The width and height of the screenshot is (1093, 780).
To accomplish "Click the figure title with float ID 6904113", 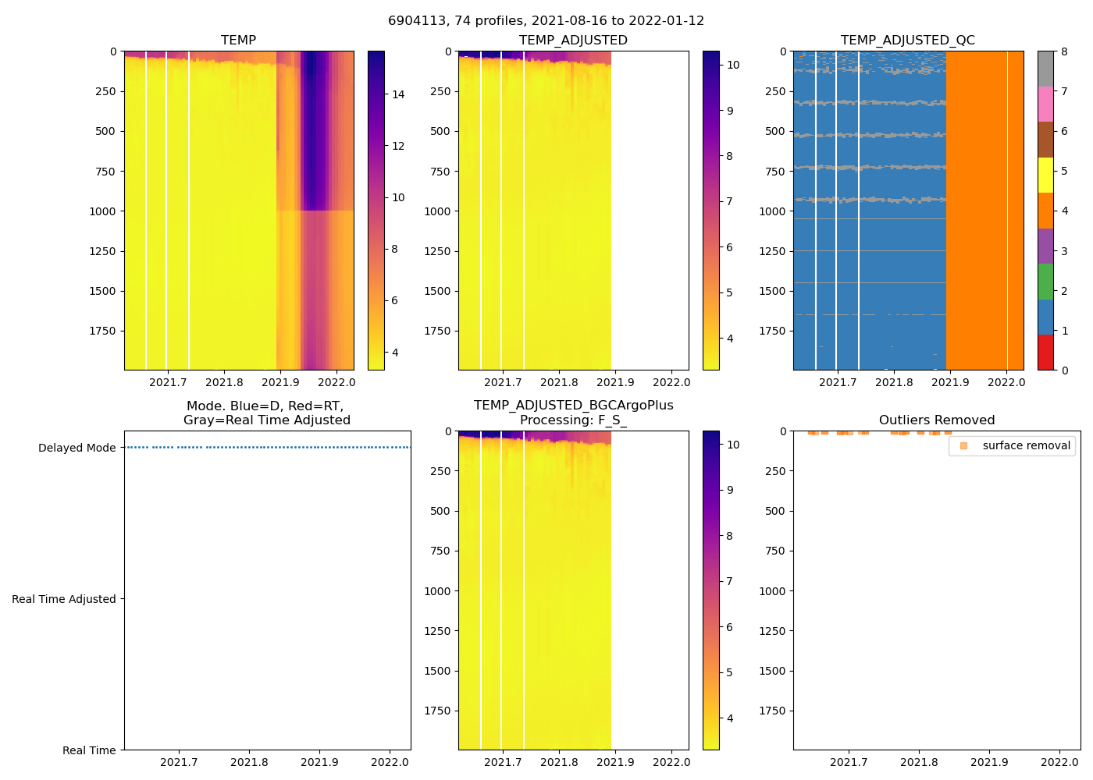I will [x=546, y=20].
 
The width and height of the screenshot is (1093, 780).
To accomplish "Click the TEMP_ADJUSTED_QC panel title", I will [x=907, y=40].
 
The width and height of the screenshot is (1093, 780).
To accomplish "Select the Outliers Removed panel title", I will [x=936, y=420].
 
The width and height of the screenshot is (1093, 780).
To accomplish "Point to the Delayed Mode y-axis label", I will [x=77, y=448].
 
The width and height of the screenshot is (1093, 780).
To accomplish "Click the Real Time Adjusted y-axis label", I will [x=63, y=599].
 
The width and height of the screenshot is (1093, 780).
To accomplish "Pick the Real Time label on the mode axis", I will [x=89, y=750].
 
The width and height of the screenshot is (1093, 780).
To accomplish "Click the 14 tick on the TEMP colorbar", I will [x=398, y=94].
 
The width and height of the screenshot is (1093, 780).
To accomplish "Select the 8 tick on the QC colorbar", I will [x=1064, y=51].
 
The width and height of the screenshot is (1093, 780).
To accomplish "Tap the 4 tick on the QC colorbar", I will [x=1064, y=211].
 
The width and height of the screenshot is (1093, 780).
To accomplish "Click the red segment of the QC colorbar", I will [x=1045, y=352].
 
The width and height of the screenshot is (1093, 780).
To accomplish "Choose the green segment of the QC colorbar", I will [x=1045, y=282].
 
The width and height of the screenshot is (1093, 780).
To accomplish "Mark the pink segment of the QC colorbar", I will [x=1045, y=104].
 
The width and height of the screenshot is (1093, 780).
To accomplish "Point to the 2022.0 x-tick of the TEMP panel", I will [x=336, y=382].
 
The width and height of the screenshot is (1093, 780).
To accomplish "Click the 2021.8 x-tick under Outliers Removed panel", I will [x=919, y=762].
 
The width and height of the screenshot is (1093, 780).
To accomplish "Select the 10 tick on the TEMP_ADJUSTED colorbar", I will [x=733, y=65].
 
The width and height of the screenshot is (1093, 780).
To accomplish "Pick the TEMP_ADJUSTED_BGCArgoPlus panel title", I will [x=573, y=413].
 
